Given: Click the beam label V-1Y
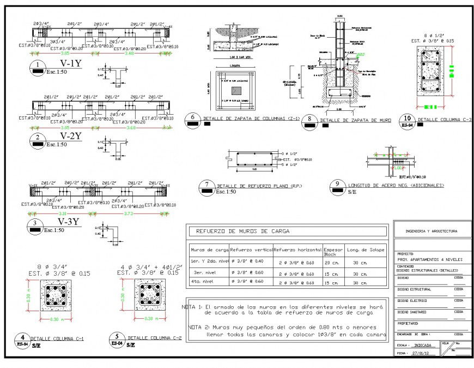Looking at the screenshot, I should pos(71,64).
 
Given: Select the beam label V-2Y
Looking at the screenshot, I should pos(71,136).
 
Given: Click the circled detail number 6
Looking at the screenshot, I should pos(192,117).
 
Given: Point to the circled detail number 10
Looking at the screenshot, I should pos(405,118).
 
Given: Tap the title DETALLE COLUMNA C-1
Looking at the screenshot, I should pos(60,339).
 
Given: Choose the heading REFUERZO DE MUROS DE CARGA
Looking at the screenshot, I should pos(239,232).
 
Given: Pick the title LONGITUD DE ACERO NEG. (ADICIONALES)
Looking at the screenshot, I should pos(396,186).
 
